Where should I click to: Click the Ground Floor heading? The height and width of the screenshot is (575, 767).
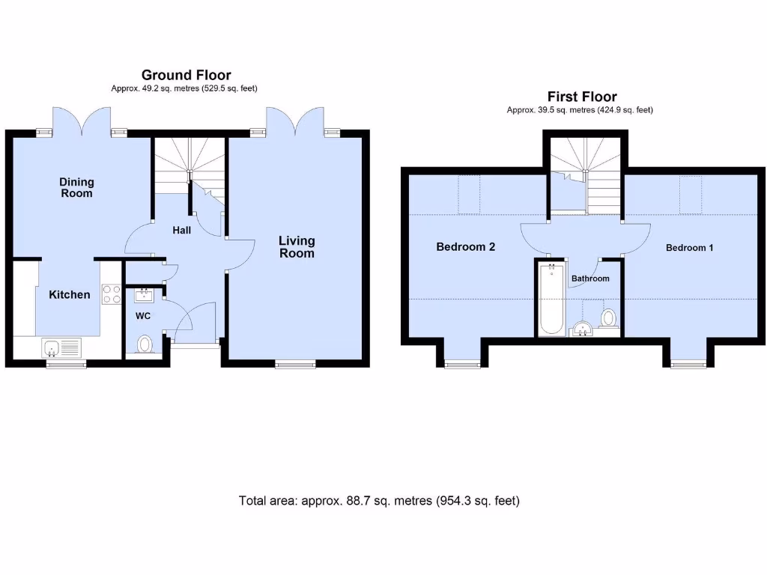(x=186, y=75)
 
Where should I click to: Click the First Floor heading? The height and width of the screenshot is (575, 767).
(x=581, y=97)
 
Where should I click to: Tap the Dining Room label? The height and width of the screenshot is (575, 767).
(x=76, y=187)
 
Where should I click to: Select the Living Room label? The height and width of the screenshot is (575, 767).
(x=297, y=246)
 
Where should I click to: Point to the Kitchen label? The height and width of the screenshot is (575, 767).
(x=69, y=295)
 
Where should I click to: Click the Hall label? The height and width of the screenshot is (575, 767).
(x=181, y=231)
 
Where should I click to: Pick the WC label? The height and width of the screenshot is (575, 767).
(x=142, y=316)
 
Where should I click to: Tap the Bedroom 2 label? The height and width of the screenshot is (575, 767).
(x=465, y=247)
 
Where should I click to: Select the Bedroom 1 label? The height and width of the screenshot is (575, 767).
(x=689, y=248)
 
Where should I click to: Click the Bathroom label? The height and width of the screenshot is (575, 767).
(x=590, y=279)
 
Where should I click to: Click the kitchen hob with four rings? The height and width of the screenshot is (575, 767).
(x=112, y=294)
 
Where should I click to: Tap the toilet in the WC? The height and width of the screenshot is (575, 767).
(x=146, y=344)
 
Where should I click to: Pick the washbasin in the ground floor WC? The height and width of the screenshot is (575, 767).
(x=144, y=295)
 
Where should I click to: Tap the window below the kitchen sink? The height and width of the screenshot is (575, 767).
(x=66, y=365)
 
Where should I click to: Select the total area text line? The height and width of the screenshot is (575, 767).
(x=379, y=501)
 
